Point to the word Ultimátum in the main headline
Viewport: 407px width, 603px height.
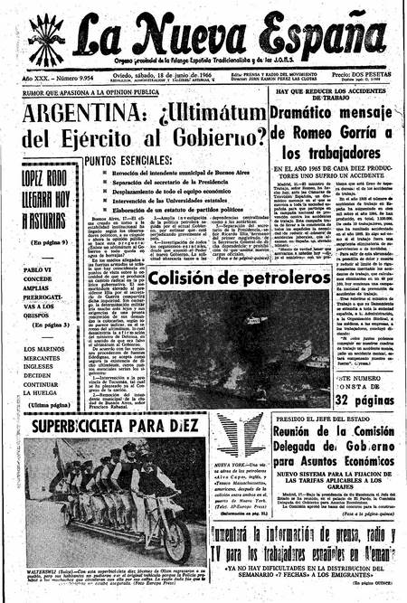coord(211,115)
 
